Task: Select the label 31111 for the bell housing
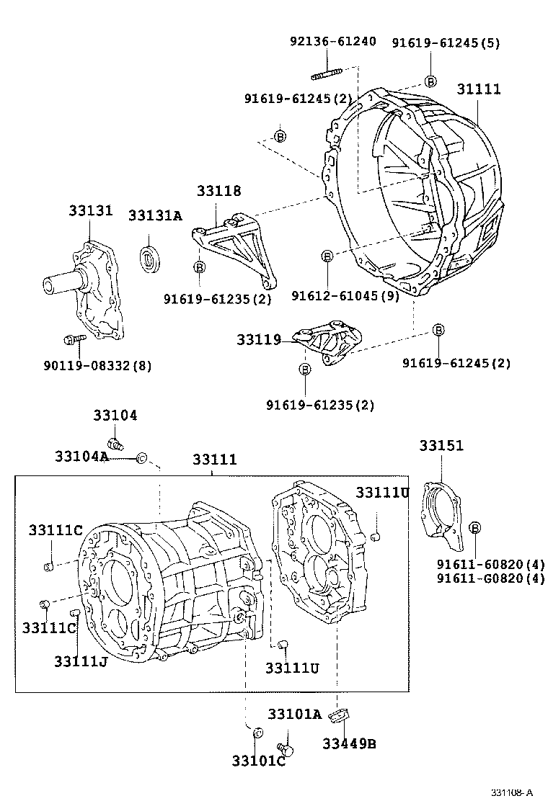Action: pos(479,89)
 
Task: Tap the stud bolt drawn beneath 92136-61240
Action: pos(327,73)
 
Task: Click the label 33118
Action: pos(219,191)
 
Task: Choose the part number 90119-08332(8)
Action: pos(97,366)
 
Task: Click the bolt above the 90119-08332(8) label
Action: pos(72,338)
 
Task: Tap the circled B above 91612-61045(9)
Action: pos(327,256)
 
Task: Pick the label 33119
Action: pos(259,339)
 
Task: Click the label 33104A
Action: pos(81,456)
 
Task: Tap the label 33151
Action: pos(441,446)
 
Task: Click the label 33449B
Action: pos(349,743)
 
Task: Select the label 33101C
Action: pos(258,761)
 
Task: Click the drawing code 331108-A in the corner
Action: pos(512,792)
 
